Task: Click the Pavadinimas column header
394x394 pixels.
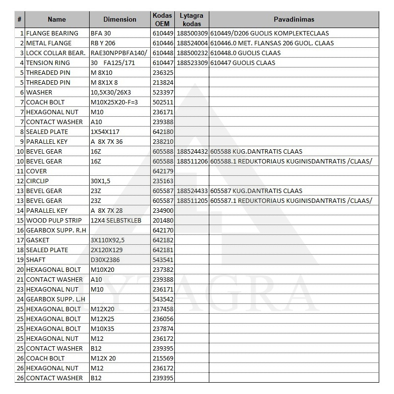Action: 294,19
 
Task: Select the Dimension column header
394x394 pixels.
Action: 120,19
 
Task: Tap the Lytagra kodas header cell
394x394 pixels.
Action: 192,19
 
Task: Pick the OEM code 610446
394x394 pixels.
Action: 163,43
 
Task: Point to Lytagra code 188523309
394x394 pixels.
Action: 192,63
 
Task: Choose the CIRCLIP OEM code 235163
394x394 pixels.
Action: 163,181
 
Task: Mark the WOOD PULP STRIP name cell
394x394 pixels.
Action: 54,220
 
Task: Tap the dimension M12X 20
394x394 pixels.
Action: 103,358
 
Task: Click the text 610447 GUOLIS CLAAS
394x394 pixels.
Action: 242,63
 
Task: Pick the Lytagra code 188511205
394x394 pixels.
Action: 192,200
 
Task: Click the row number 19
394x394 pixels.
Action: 20,260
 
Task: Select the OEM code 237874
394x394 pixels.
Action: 163,328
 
